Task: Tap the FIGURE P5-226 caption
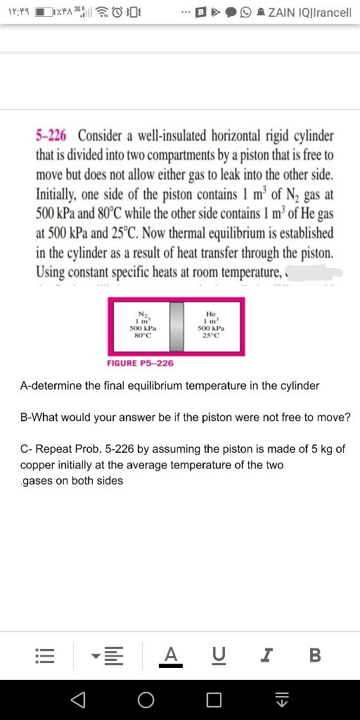click(140, 363)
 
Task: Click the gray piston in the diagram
click(176, 327)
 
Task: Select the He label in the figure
click(211, 314)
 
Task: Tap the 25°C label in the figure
click(211, 335)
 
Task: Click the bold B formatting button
click(314, 656)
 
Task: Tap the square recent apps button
click(214, 700)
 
